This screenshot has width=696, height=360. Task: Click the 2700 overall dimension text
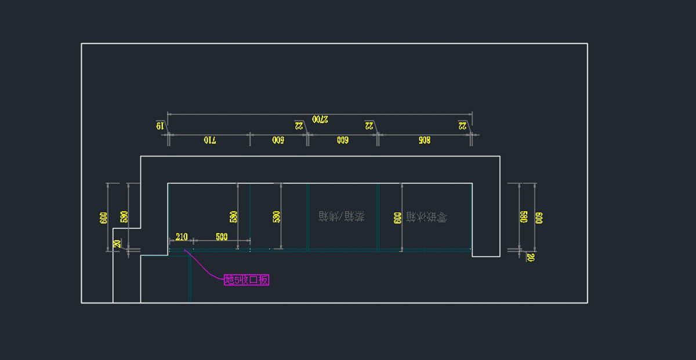[x=320, y=119]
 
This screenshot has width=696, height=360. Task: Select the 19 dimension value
[x=159, y=125]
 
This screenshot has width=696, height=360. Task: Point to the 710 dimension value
[x=209, y=140]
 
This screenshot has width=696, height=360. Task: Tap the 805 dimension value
[x=423, y=140]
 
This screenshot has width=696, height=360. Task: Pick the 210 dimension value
[x=181, y=237]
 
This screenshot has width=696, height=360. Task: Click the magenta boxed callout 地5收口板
[x=246, y=280]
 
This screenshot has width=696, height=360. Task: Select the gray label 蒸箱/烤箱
[x=342, y=217]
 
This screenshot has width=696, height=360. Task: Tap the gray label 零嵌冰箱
[x=426, y=217]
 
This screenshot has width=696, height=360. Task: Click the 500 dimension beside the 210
[x=222, y=237]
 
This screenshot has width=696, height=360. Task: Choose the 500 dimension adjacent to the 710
[x=278, y=140]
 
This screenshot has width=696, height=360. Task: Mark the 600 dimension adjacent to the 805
[x=342, y=140]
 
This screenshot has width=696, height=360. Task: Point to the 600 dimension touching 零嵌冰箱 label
[x=397, y=217]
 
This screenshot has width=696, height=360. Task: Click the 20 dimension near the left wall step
[x=118, y=244]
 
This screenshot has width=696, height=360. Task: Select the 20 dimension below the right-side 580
[x=530, y=257]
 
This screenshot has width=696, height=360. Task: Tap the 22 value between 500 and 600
[x=299, y=125]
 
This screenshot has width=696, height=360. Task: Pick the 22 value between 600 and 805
[x=369, y=125]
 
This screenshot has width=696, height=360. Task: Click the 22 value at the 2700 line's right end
[x=463, y=125]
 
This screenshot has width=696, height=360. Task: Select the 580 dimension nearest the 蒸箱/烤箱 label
[x=276, y=217]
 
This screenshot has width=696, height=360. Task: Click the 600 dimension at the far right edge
[x=539, y=217]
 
